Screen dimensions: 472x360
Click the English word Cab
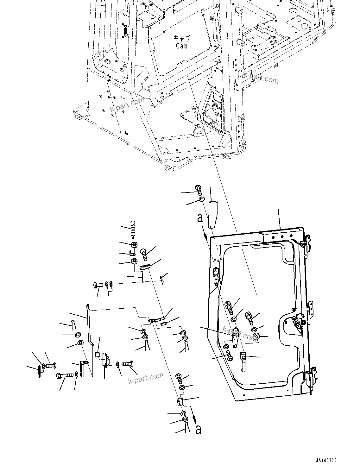click(x=182, y=46)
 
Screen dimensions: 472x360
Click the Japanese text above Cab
click(x=182, y=39)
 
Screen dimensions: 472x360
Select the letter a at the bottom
click(x=198, y=429)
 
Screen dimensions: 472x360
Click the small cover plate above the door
click(x=212, y=214)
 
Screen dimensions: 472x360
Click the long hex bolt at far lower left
click(x=65, y=376)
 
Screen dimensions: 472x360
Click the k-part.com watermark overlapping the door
click(x=240, y=334)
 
